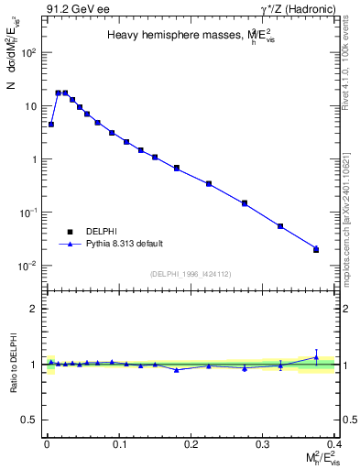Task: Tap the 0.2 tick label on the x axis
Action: tap(191, 442)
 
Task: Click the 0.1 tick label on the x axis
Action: tap(118, 442)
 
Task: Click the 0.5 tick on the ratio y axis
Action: tap(29, 420)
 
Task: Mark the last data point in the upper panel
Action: tap(316, 249)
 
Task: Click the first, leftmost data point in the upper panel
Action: tap(51, 124)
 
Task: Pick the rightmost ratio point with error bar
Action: tap(316, 357)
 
